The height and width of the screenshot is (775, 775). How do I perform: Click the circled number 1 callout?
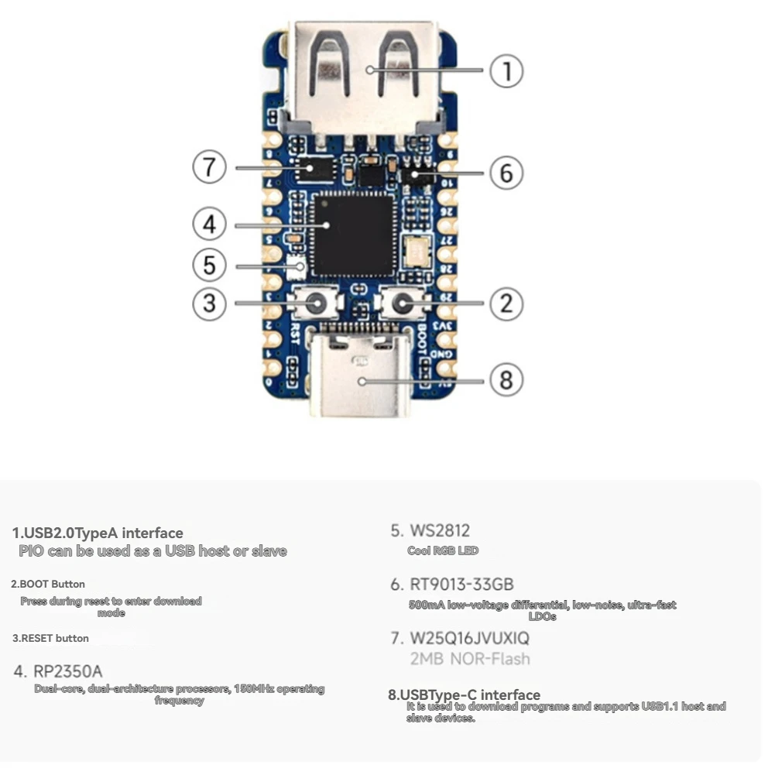tap(507, 71)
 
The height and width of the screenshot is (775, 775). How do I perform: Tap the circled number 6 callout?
tap(506, 173)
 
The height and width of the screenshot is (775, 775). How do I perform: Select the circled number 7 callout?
tap(209, 167)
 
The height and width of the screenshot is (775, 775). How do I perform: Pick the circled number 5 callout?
tap(209, 266)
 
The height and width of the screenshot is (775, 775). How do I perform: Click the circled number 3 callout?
tap(209, 303)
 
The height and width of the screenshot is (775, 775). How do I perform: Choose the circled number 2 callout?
tap(506, 303)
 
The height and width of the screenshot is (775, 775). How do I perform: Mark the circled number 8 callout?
tap(506, 379)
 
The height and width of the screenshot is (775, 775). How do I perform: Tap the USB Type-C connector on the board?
tap(359, 375)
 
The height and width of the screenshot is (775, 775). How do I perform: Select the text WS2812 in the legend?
tap(439, 531)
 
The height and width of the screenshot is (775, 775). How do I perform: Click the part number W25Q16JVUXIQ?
tap(470, 639)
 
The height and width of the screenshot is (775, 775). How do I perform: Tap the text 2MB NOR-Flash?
tap(470, 659)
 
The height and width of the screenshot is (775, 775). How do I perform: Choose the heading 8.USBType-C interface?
tap(464, 694)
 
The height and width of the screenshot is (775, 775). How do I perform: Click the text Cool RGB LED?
tap(443, 550)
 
